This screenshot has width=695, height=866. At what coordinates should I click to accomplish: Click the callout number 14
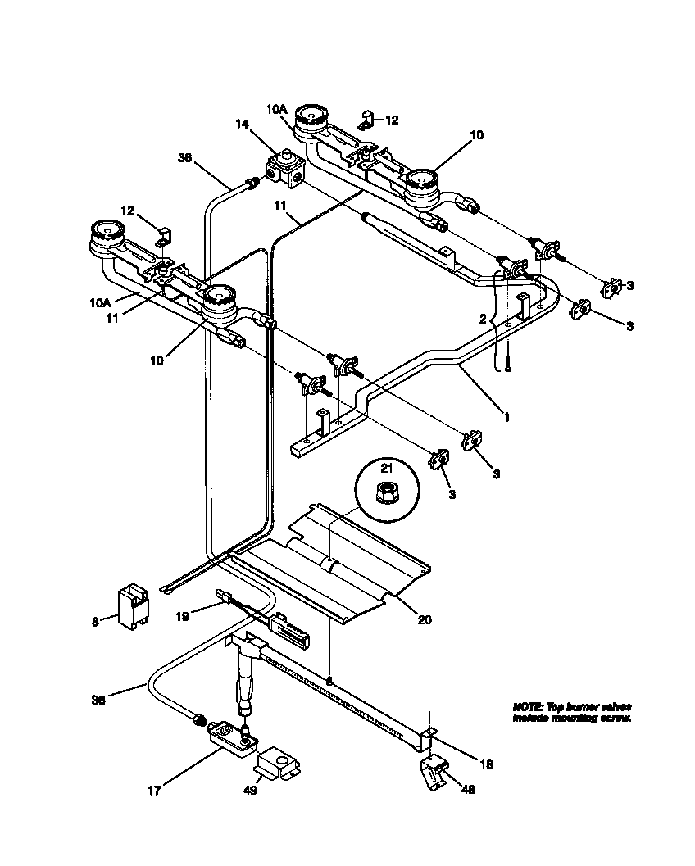coord(241,124)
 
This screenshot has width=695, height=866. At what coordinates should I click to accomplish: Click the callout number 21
coord(385,467)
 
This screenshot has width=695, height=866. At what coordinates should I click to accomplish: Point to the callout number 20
coord(424,619)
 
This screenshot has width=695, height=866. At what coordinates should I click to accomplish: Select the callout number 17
coord(154,791)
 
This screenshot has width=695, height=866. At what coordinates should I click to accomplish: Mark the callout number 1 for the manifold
coord(506,417)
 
